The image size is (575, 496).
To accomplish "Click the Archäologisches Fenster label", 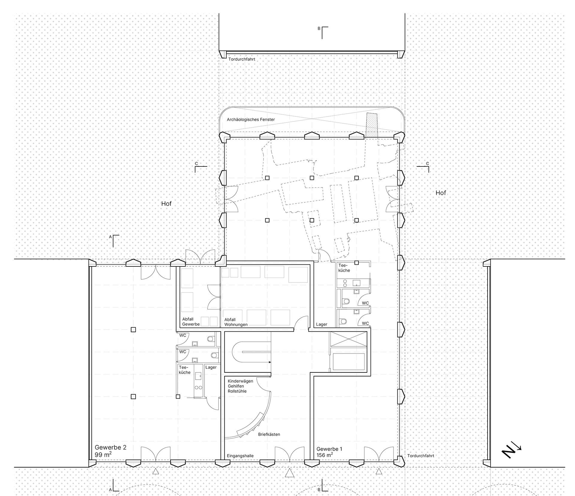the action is [x=251, y=120].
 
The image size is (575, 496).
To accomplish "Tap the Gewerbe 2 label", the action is [x=111, y=448].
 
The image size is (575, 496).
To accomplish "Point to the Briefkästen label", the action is [x=269, y=434].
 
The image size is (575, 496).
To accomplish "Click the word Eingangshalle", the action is [x=240, y=456].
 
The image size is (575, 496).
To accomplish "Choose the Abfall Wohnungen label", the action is [x=236, y=322].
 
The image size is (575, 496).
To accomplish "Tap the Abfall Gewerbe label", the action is [x=191, y=322].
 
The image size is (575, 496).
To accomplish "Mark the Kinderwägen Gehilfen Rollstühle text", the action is [x=240, y=386].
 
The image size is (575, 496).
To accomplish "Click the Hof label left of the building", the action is [x=166, y=204].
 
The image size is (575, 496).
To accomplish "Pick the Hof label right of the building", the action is [x=441, y=193].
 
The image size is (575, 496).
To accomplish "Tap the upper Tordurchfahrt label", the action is [x=242, y=59].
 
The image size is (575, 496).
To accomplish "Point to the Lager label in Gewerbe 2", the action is [x=211, y=367].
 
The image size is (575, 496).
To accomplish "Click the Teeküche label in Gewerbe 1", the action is [x=344, y=268].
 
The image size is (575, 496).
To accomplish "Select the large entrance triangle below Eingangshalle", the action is [x=288, y=473].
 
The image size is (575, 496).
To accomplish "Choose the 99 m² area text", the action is [x=103, y=455].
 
